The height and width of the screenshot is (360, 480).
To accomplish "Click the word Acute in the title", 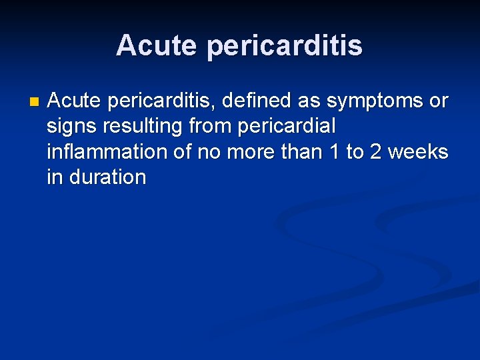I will [x=156, y=45].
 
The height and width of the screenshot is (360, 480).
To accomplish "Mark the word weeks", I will [x=419, y=152].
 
